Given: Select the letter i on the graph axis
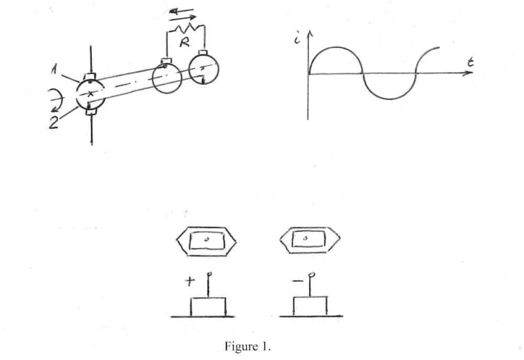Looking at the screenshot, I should click(x=299, y=39).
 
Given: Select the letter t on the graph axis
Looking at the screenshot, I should click(x=471, y=63).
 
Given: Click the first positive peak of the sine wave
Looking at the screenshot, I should click(x=335, y=48).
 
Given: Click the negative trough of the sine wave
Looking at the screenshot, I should click(x=388, y=98).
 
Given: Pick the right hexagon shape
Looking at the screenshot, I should click(x=308, y=240).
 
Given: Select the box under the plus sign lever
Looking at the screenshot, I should click(x=208, y=306).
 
